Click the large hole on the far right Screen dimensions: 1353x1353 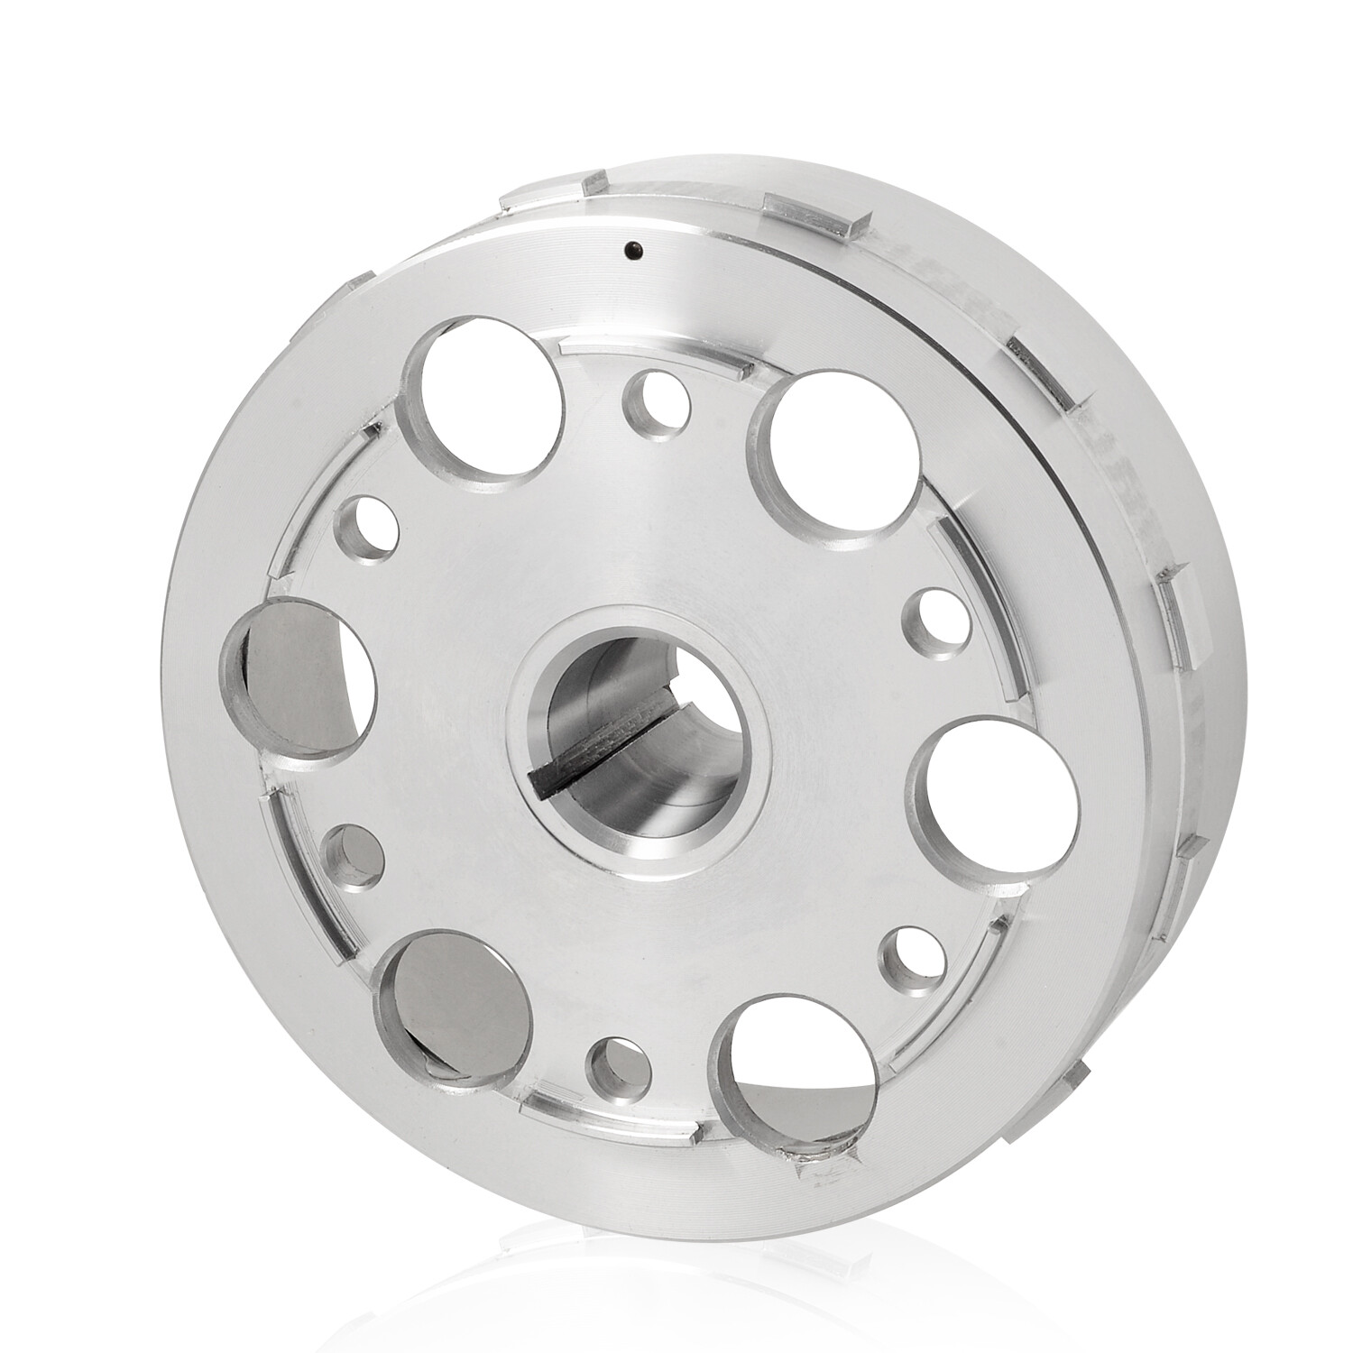(x=992, y=794)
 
